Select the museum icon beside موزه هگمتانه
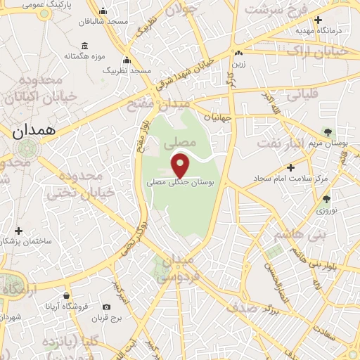(85, 46)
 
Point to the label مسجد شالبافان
(103, 22)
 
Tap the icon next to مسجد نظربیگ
(127, 60)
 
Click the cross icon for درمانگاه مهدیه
(319, 20)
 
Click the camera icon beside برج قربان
(106, 307)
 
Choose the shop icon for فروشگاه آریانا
(66, 296)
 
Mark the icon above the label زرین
(239, 53)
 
